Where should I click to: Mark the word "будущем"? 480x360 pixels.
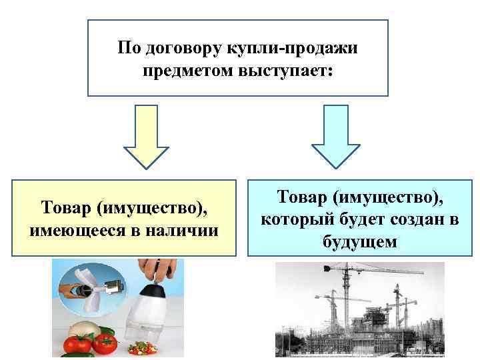click(360, 241)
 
